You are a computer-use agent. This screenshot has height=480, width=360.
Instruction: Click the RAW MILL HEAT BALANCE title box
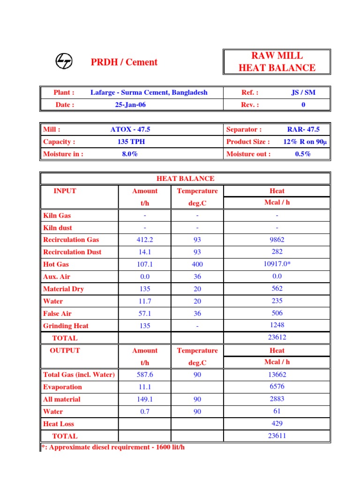(x=277, y=61)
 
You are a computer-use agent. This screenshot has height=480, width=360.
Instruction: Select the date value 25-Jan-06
(x=130, y=105)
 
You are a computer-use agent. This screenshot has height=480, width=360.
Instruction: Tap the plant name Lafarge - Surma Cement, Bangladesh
(x=149, y=92)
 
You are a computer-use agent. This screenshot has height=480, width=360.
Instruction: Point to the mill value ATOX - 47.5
(x=130, y=129)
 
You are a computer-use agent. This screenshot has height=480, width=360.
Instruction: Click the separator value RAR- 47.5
(x=303, y=129)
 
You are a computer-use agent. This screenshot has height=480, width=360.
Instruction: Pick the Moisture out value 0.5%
(x=303, y=154)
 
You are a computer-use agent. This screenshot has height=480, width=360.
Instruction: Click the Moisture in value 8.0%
(x=130, y=154)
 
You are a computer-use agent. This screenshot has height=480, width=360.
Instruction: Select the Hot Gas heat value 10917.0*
(x=277, y=264)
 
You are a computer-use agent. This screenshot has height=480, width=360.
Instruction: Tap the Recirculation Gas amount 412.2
(x=145, y=240)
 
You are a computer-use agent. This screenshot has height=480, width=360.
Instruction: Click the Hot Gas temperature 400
(x=197, y=264)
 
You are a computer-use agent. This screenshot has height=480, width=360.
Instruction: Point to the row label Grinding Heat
(x=66, y=326)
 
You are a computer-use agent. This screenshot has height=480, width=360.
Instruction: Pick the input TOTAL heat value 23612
(x=277, y=337)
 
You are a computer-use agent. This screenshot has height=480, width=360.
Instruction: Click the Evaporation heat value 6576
(x=277, y=387)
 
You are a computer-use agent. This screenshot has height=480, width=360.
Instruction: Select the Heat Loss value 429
(x=277, y=423)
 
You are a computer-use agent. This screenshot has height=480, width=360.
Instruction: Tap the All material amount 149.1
(x=145, y=399)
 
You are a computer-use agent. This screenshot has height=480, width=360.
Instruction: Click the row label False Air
(x=57, y=314)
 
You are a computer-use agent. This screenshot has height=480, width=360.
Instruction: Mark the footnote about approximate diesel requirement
(x=113, y=447)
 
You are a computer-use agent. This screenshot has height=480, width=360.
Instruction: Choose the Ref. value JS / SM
(x=303, y=92)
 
